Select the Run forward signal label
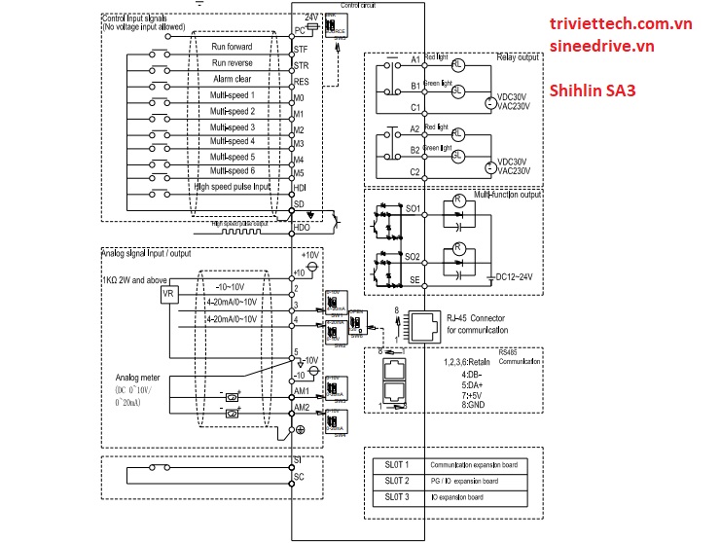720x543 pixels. tap(233, 47)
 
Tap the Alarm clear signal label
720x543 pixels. tap(233, 79)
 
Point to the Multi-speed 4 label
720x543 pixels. tap(233, 142)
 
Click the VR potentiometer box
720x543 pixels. tap(168, 293)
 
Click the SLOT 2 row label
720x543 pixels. tap(395, 481)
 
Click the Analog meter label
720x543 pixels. tap(139, 376)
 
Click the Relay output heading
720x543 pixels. tap(515, 57)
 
